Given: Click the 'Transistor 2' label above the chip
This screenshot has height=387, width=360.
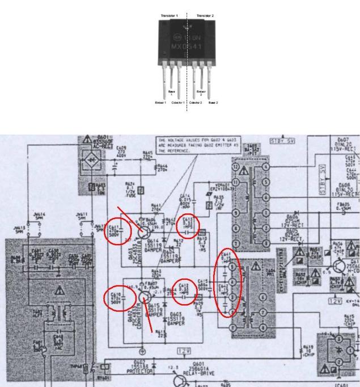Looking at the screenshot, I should (205, 15).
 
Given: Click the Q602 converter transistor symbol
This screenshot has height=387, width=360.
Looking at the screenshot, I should (143, 295).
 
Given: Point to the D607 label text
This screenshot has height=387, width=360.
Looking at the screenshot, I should (343, 140).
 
